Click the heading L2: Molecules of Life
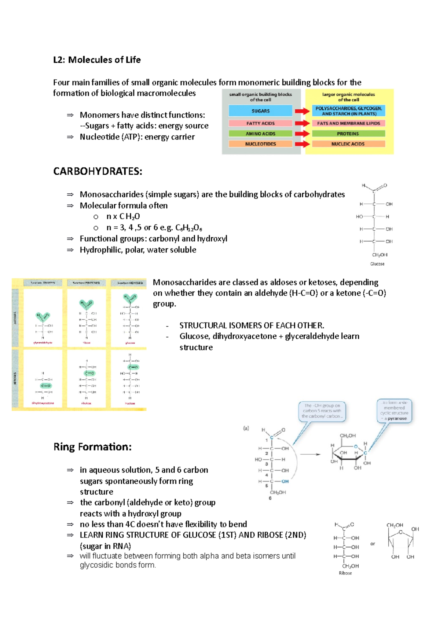pos(97,60)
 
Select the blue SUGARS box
pos(260,111)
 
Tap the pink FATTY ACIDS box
pos(260,123)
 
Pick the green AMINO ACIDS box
pos(260,134)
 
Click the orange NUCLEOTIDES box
pos(260,144)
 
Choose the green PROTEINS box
pos(348,134)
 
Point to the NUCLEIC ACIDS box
pos(348,144)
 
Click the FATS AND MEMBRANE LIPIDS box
pos(348,123)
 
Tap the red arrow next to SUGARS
pos(302,111)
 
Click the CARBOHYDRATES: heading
pos(98,171)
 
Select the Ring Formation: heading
pos(92,447)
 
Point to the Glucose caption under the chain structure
pos(377,264)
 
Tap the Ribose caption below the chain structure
pos(345,573)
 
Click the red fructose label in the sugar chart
pos(130,403)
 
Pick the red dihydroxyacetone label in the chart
pos(43,403)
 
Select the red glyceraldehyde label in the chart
pos(43,343)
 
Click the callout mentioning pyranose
pos(394,411)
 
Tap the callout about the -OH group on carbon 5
pos(322,411)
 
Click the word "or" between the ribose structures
pos(373,544)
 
